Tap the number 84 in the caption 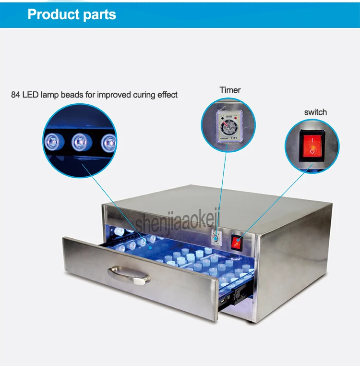(x=15, y=95)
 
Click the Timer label (x=230, y=90)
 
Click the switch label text (x=315, y=112)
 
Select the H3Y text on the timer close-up (x=234, y=138)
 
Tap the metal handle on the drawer (x=129, y=275)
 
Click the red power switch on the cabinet (x=237, y=243)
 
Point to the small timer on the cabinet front (x=216, y=237)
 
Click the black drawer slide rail (x=236, y=297)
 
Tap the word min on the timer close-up (x=228, y=116)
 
